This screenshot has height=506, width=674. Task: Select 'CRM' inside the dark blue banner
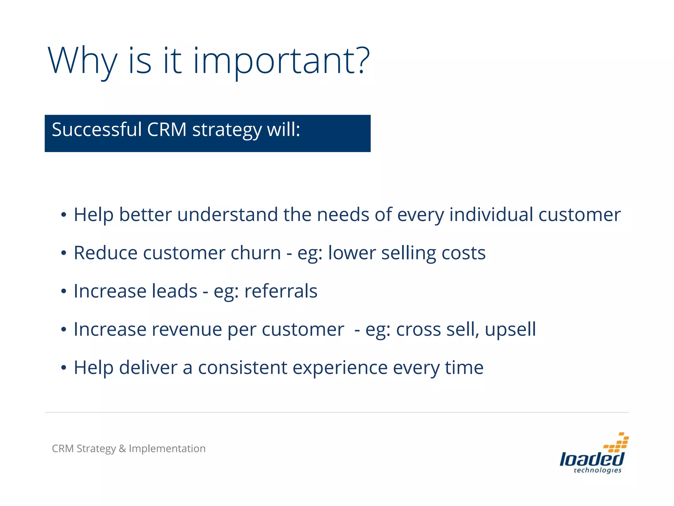167,129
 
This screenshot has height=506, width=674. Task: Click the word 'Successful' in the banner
96,129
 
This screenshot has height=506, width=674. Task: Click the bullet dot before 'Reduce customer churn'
64,253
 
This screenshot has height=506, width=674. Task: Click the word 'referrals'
281,292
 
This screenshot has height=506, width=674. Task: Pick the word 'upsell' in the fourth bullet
510,330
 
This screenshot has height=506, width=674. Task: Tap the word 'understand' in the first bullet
227,215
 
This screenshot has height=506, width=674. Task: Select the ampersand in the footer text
122,449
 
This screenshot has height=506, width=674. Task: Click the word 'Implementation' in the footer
167,449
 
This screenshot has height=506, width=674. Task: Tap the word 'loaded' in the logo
591,459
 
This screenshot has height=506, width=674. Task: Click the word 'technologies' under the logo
597,470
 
